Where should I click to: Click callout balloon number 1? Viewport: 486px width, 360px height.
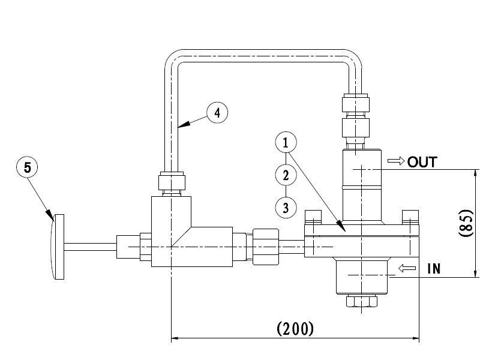(x=286, y=143)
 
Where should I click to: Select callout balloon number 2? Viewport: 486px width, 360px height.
(x=286, y=175)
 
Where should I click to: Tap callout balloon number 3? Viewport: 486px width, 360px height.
(x=286, y=208)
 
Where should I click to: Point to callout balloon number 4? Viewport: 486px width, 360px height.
(x=217, y=112)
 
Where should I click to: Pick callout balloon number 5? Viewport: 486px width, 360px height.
(x=27, y=167)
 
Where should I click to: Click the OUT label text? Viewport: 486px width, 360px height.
(x=423, y=161)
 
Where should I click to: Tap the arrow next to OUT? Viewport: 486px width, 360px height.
(x=396, y=161)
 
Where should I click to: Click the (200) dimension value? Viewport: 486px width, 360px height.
(x=295, y=329)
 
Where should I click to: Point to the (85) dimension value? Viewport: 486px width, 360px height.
(x=467, y=223)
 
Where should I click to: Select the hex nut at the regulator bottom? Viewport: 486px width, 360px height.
(x=362, y=302)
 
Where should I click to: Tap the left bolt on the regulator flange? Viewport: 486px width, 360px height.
(x=312, y=216)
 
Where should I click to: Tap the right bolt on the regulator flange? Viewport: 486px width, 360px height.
(x=410, y=216)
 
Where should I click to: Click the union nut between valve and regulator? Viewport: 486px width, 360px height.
(x=265, y=246)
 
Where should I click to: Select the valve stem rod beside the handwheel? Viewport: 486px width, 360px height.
(x=90, y=247)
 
